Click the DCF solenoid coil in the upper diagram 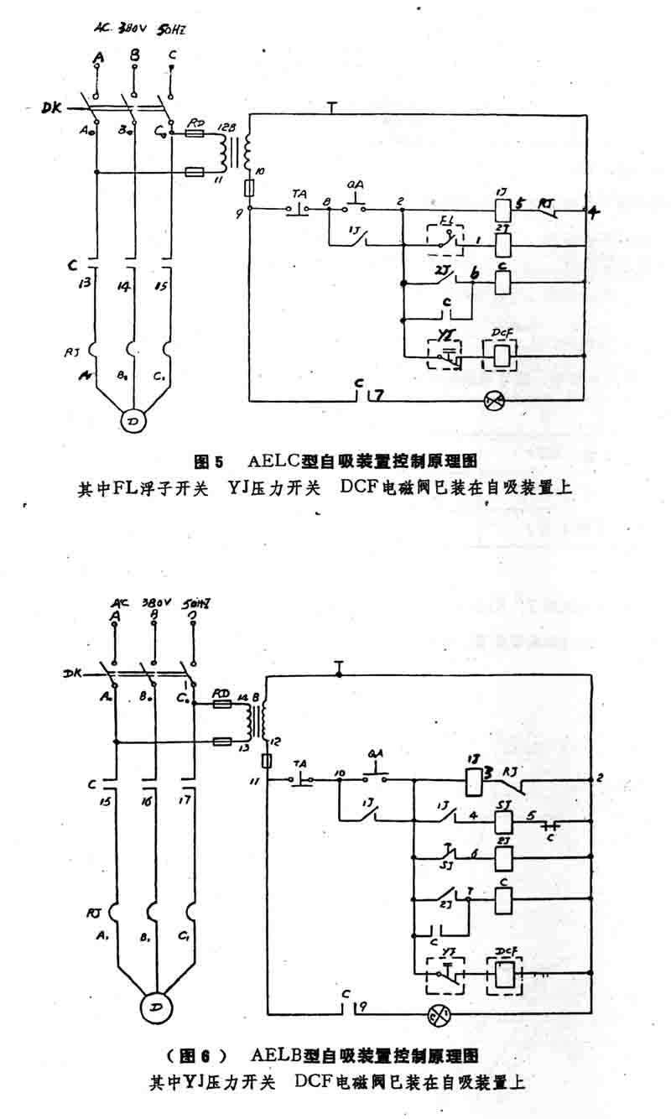pos(502,356)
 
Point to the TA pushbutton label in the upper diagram pos(299,192)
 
